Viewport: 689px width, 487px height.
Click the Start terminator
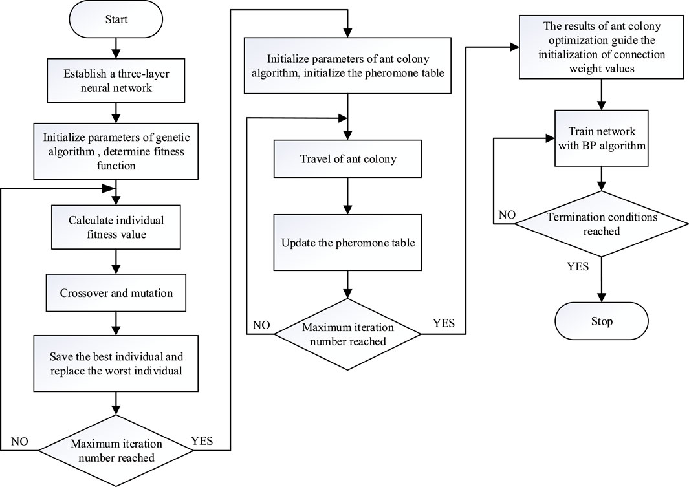click(x=116, y=19)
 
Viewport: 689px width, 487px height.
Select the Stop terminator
click(x=602, y=321)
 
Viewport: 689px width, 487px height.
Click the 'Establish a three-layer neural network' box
click(x=116, y=80)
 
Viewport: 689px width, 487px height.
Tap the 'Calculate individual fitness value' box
click(x=116, y=227)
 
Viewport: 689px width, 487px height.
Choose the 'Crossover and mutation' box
click(x=116, y=293)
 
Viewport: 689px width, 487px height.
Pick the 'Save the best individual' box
click(x=116, y=363)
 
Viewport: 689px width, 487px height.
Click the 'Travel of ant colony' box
click(x=347, y=158)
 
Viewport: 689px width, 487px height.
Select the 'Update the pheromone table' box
click(x=347, y=243)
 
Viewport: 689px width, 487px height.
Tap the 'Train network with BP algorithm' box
click(x=602, y=138)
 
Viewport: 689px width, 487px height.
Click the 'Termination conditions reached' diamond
click(x=602, y=224)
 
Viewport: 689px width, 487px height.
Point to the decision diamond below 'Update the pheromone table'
click(x=347, y=334)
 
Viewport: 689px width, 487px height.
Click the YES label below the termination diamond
click(x=578, y=266)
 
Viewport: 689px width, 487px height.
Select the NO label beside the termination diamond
click(x=507, y=215)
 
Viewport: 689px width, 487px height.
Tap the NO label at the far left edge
click(x=19, y=441)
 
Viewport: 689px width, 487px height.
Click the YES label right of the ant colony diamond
click(x=444, y=323)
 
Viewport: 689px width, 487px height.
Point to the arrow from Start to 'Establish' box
click(x=116, y=49)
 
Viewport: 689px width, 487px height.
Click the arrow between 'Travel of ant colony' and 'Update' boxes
click(x=347, y=196)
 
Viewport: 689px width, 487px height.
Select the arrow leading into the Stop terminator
click(x=602, y=280)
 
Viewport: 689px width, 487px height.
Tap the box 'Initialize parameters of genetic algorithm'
click(x=116, y=151)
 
